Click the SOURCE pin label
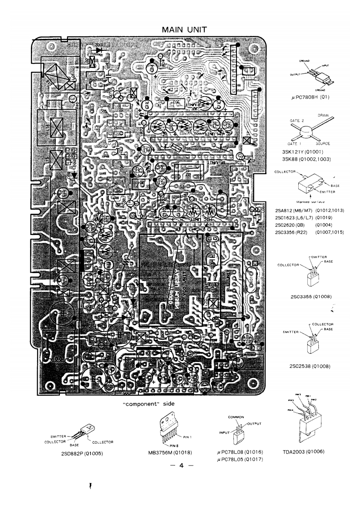point(325,143)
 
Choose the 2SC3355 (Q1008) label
point(311,297)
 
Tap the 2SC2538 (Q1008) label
point(311,366)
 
